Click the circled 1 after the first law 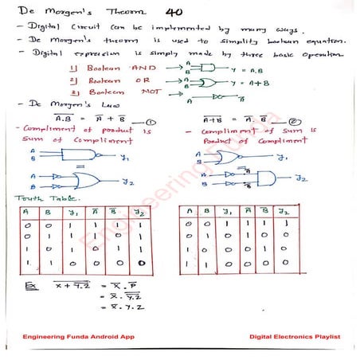(149, 121)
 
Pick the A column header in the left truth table (26, 212)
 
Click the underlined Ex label (29, 284)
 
